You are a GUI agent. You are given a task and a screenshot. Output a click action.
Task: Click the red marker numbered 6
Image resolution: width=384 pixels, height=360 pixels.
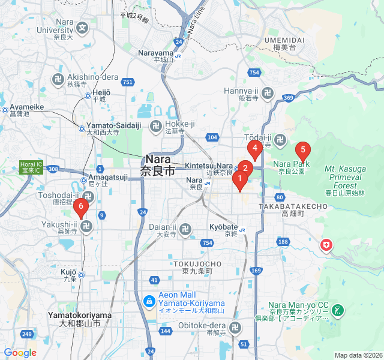(x=81, y=207)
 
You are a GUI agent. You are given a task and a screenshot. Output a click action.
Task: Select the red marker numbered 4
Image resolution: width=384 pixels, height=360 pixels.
(x=255, y=148)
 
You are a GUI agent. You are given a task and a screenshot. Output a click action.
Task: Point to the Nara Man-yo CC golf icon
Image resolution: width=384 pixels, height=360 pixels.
(x=338, y=310)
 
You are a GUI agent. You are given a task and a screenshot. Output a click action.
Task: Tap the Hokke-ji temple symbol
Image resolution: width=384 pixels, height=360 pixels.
(x=156, y=127)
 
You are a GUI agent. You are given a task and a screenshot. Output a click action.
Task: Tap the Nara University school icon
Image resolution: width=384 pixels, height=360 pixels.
(x=82, y=27)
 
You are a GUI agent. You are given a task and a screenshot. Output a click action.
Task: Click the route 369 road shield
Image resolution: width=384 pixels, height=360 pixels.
(x=289, y=98)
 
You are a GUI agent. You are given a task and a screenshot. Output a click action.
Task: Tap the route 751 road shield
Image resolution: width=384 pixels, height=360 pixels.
(x=127, y=82)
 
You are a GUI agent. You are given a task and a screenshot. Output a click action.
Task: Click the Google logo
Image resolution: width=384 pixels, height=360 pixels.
(x=20, y=353)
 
